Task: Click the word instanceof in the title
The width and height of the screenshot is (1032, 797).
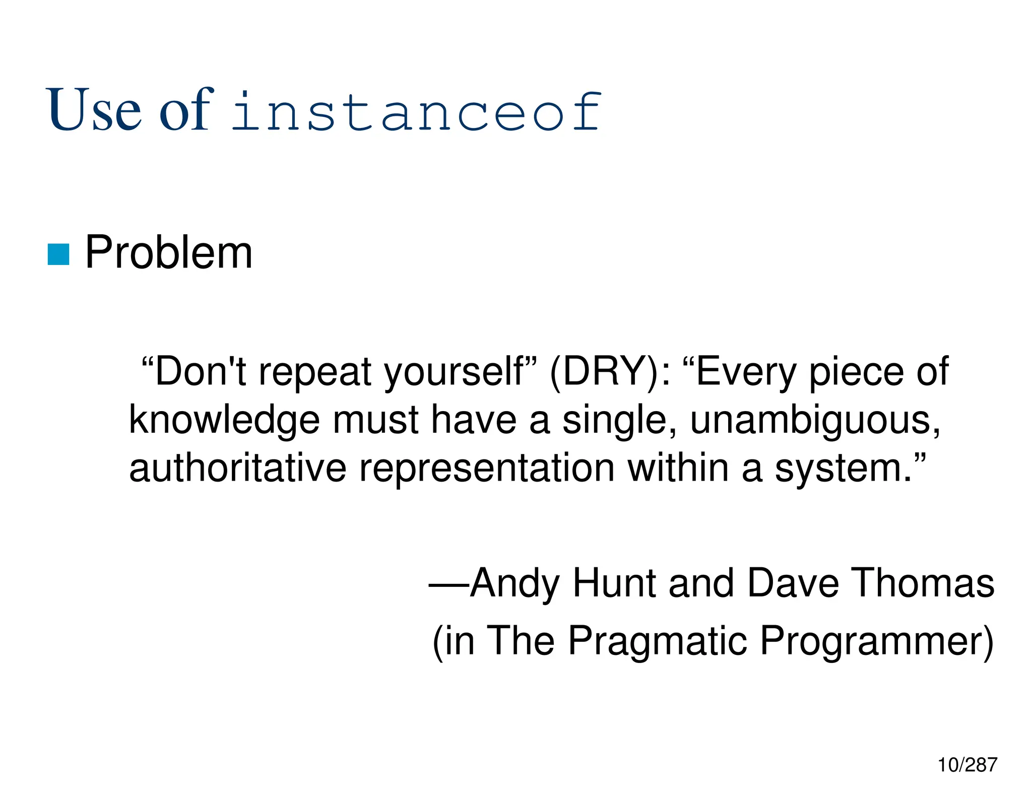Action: [416, 111]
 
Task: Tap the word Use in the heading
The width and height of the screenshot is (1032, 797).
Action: [94, 110]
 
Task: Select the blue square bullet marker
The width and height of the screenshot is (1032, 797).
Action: [58, 254]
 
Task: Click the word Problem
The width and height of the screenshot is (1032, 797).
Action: [169, 252]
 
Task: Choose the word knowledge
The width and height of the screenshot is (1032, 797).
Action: [224, 421]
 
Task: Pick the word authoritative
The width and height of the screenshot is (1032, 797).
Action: [237, 469]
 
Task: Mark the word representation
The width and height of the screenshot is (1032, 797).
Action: [486, 469]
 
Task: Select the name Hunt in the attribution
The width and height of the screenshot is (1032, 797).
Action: [614, 583]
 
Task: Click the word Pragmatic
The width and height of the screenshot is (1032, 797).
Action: [657, 641]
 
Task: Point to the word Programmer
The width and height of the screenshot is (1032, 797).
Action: [874, 641]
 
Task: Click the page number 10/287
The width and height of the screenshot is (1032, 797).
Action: [966, 765]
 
